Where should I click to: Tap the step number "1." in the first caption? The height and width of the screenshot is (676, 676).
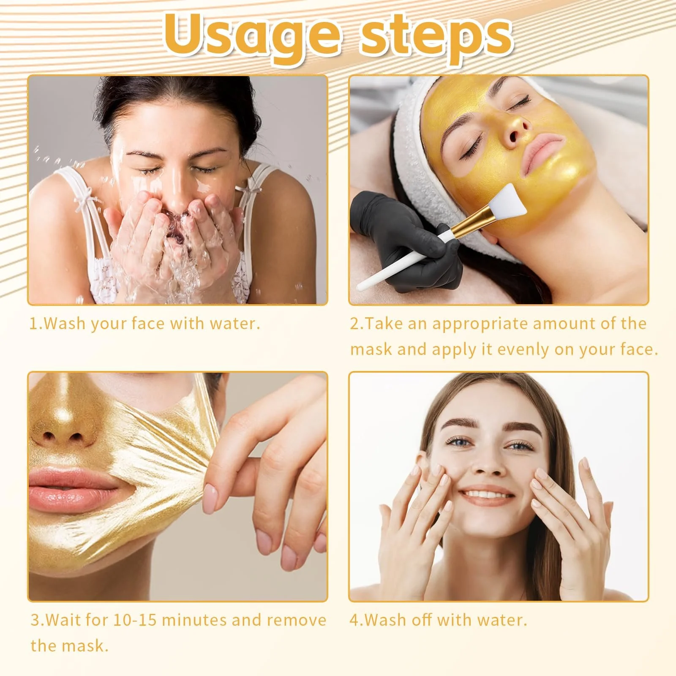(35, 324)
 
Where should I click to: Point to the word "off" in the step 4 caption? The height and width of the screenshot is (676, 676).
(422, 620)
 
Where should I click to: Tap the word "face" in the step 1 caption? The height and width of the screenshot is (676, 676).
(149, 324)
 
